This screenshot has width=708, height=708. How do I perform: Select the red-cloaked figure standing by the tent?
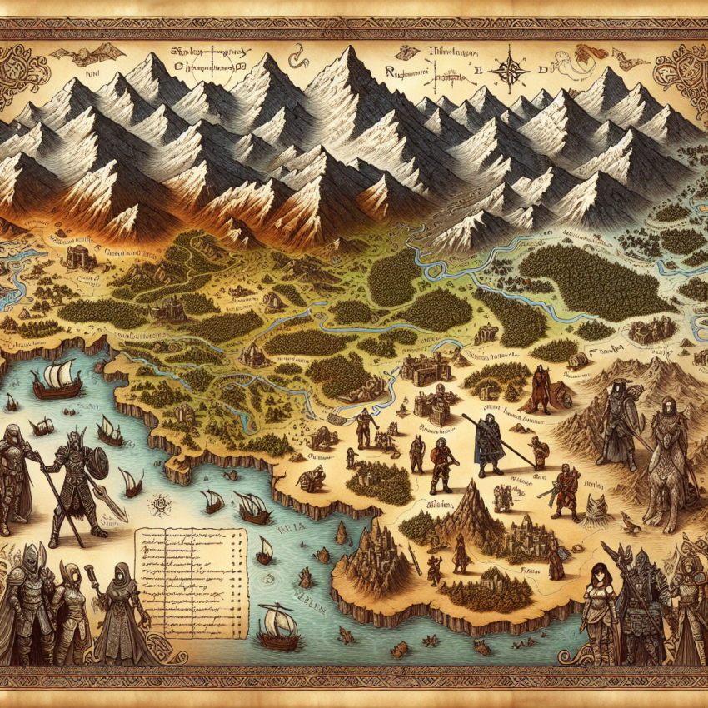[x=541, y=386]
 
